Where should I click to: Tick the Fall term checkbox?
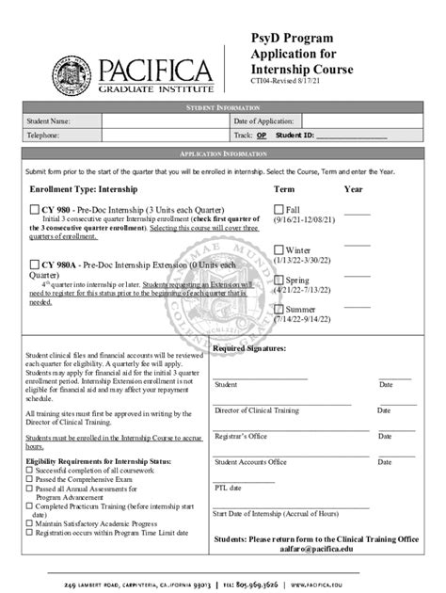tap(279, 208)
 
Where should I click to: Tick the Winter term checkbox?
tap(279, 248)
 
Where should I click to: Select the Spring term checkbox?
tap(279, 280)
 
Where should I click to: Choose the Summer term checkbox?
tap(279, 310)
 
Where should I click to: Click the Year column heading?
tap(354, 189)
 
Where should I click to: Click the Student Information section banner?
tap(222, 108)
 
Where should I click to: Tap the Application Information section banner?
tap(222, 153)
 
